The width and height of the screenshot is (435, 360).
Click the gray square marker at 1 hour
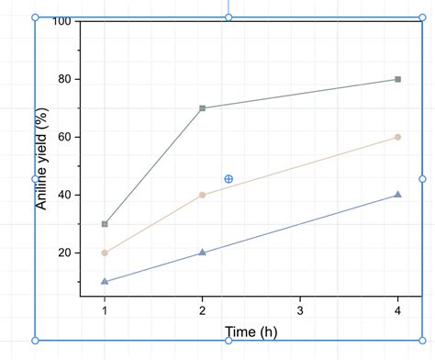(x=105, y=224)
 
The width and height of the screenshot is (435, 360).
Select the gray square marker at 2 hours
(x=202, y=108)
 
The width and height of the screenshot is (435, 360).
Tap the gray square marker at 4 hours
(x=397, y=79)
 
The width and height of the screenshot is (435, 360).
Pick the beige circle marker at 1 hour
(x=105, y=253)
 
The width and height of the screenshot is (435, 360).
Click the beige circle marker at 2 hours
(x=202, y=195)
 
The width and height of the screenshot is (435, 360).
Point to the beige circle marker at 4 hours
(x=397, y=137)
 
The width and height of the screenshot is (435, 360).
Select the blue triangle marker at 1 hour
(x=105, y=281)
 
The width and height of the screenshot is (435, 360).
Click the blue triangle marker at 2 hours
(x=202, y=253)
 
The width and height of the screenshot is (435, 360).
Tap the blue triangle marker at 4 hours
(x=397, y=195)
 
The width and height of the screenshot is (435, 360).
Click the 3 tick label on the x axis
(x=300, y=310)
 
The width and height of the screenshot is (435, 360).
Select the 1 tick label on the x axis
(x=105, y=310)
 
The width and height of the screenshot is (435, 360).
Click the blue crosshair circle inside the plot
(x=229, y=179)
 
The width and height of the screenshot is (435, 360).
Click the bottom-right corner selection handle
(x=423, y=341)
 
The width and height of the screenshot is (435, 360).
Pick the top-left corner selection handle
(x=36, y=17)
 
